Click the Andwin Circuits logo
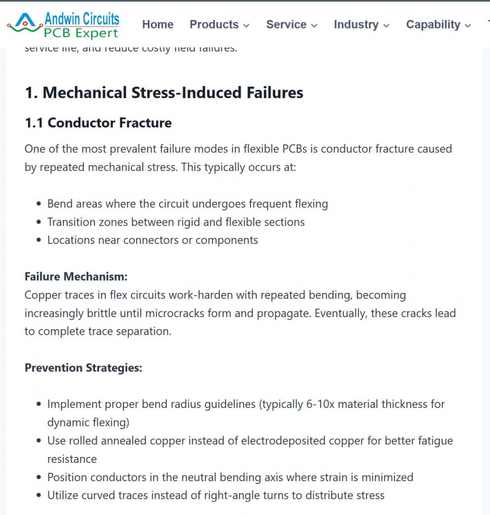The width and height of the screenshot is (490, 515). point(63,25)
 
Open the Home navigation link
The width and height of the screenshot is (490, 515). point(158,25)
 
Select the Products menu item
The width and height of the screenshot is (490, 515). point(214,25)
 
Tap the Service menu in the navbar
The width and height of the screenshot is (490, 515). point(286,25)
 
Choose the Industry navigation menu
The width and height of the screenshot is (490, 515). point(356,25)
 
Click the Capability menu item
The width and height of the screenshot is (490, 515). point(433,25)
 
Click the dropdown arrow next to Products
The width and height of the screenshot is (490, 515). point(246,25)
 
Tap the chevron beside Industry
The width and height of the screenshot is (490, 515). point(387,25)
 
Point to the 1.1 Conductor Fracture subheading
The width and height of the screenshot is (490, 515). point(98,123)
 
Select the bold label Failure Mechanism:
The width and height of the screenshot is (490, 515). point(76,277)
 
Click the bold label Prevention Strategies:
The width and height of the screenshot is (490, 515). point(83,367)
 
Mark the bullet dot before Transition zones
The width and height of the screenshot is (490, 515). point(39,222)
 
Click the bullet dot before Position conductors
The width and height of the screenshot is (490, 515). point(39,477)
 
